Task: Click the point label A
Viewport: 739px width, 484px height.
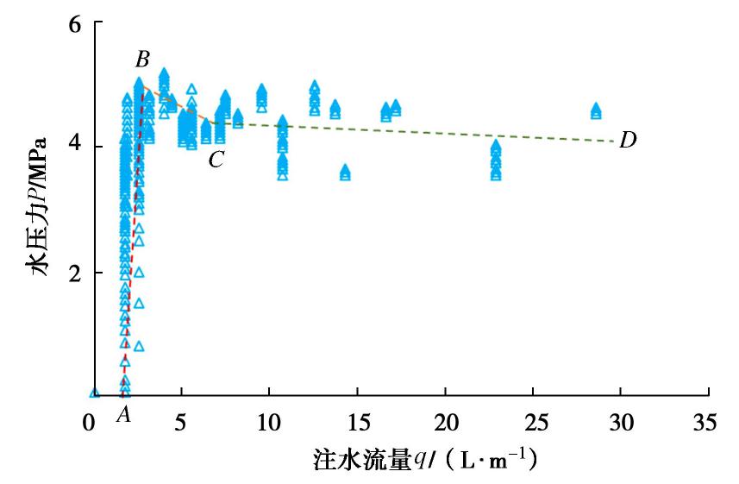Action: pyautogui.click(x=123, y=415)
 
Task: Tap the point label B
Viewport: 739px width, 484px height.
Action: pyautogui.click(x=142, y=60)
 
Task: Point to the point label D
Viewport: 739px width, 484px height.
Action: pyautogui.click(x=628, y=139)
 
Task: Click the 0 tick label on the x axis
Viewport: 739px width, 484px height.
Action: pyautogui.click(x=91, y=424)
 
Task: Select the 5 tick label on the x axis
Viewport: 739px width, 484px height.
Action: pyautogui.click(x=180, y=424)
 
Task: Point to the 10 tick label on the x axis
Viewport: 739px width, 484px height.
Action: pyautogui.click(x=268, y=424)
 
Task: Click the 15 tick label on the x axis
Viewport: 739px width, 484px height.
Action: pyautogui.click(x=356, y=424)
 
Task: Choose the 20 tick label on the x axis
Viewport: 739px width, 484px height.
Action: pyautogui.click(x=445, y=424)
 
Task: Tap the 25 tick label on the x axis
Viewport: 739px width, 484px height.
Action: pyautogui.click(x=533, y=424)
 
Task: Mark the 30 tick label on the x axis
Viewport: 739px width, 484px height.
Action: pyautogui.click(x=621, y=424)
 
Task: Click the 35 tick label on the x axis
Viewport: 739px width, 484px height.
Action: pyautogui.click(x=709, y=424)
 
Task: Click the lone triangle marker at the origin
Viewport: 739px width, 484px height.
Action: pyautogui.click(x=94, y=393)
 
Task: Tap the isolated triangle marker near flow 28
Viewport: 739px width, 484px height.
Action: pyautogui.click(x=596, y=111)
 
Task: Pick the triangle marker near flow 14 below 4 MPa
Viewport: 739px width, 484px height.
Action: pyautogui.click(x=345, y=173)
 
